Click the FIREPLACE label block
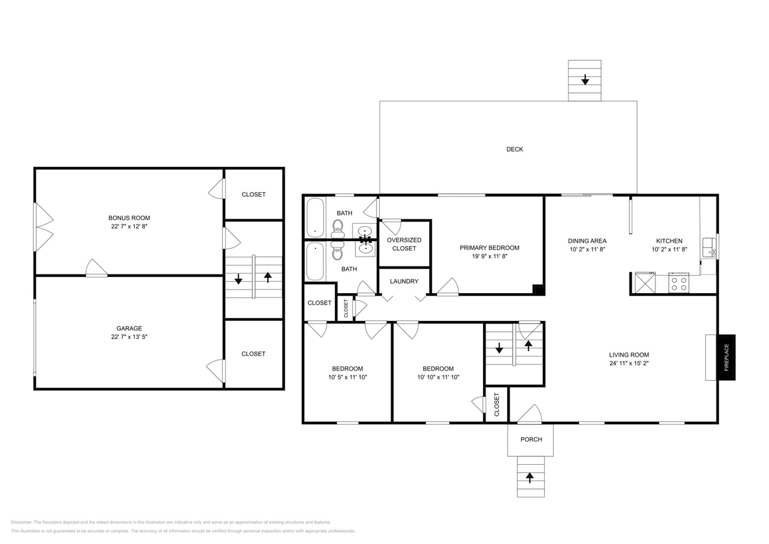(x=726, y=357)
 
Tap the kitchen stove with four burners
(x=678, y=283)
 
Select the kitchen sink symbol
(x=709, y=247)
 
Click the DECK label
(x=514, y=149)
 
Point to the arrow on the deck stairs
(x=585, y=80)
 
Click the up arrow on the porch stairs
(x=530, y=477)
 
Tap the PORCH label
(x=531, y=439)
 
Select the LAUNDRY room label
(x=404, y=281)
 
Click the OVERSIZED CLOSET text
(x=404, y=244)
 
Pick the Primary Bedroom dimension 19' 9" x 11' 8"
(x=489, y=256)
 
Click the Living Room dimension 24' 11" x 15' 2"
(x=629, y=363)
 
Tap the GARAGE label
(x=129, y=328)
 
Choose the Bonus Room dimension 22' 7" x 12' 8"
(x=129, y=227)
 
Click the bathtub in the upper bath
(x=315, y=218)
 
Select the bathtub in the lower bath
(x=315, y=262)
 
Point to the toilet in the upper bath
(x=337, y=228)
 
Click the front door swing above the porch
(x=530, y=414)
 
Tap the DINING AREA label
(x=586, y=241)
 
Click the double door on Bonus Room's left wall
(x=43, y=227)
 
